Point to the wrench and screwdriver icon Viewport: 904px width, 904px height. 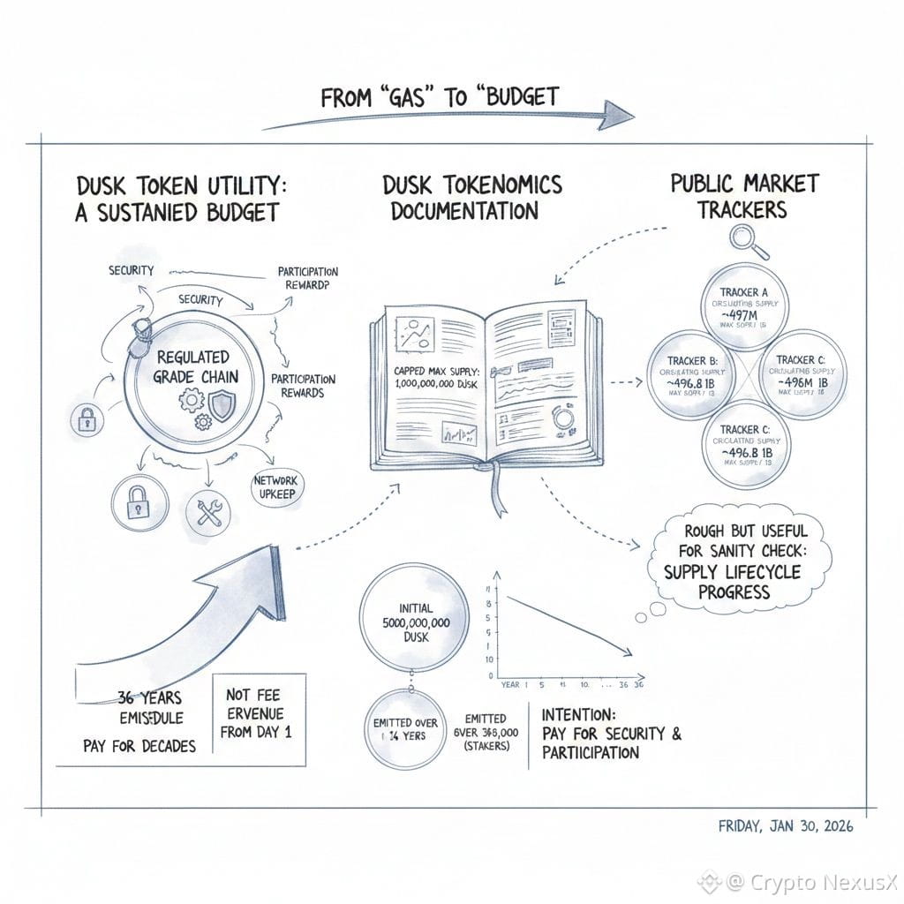tap(209, 511)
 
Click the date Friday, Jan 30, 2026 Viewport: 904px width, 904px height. tap(786, 827)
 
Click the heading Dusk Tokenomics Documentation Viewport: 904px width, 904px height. tap(471, 198)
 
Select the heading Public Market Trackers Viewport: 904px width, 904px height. tap(744, 196)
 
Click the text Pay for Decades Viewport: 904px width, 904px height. tap(139, 745)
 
